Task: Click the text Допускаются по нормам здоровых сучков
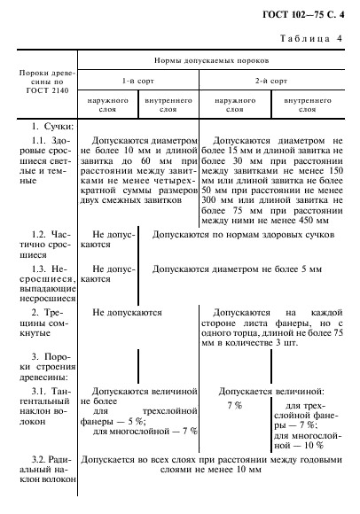click(243, 237)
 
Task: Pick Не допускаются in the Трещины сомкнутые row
click(127, 313)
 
